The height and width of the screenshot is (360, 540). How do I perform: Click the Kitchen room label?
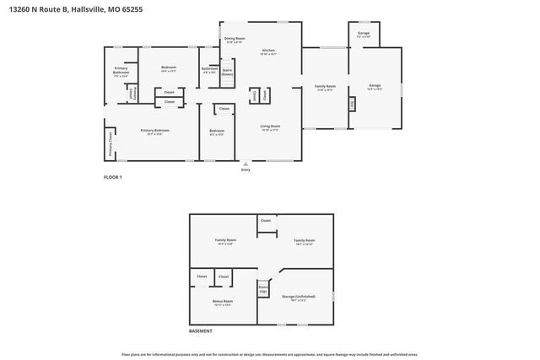click(x=268, y=52)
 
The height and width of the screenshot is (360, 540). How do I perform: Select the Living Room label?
click(x=270, y=128)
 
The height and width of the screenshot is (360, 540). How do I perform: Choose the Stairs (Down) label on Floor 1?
click(x=227, y=72)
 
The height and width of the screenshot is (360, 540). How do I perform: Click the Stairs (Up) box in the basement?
click(x=263, y=288)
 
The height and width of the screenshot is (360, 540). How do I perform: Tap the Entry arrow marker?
click(x=246, y=165)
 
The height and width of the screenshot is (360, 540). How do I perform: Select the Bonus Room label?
click(x=223, y=301)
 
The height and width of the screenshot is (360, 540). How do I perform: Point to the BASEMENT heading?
click(x=201, y=332)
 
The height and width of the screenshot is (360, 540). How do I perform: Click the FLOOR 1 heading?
click(x=113, y=177)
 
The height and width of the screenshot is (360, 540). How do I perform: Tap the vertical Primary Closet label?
click(x=111, y=144)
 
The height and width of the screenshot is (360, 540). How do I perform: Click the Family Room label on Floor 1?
click(x=325, y=86)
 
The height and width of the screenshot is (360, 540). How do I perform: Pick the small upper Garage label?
click(x=364, y=35)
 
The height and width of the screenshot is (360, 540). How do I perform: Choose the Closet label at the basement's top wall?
click(x=266, y=221)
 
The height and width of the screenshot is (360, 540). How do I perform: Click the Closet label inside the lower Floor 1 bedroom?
click(x=224, y=109)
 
